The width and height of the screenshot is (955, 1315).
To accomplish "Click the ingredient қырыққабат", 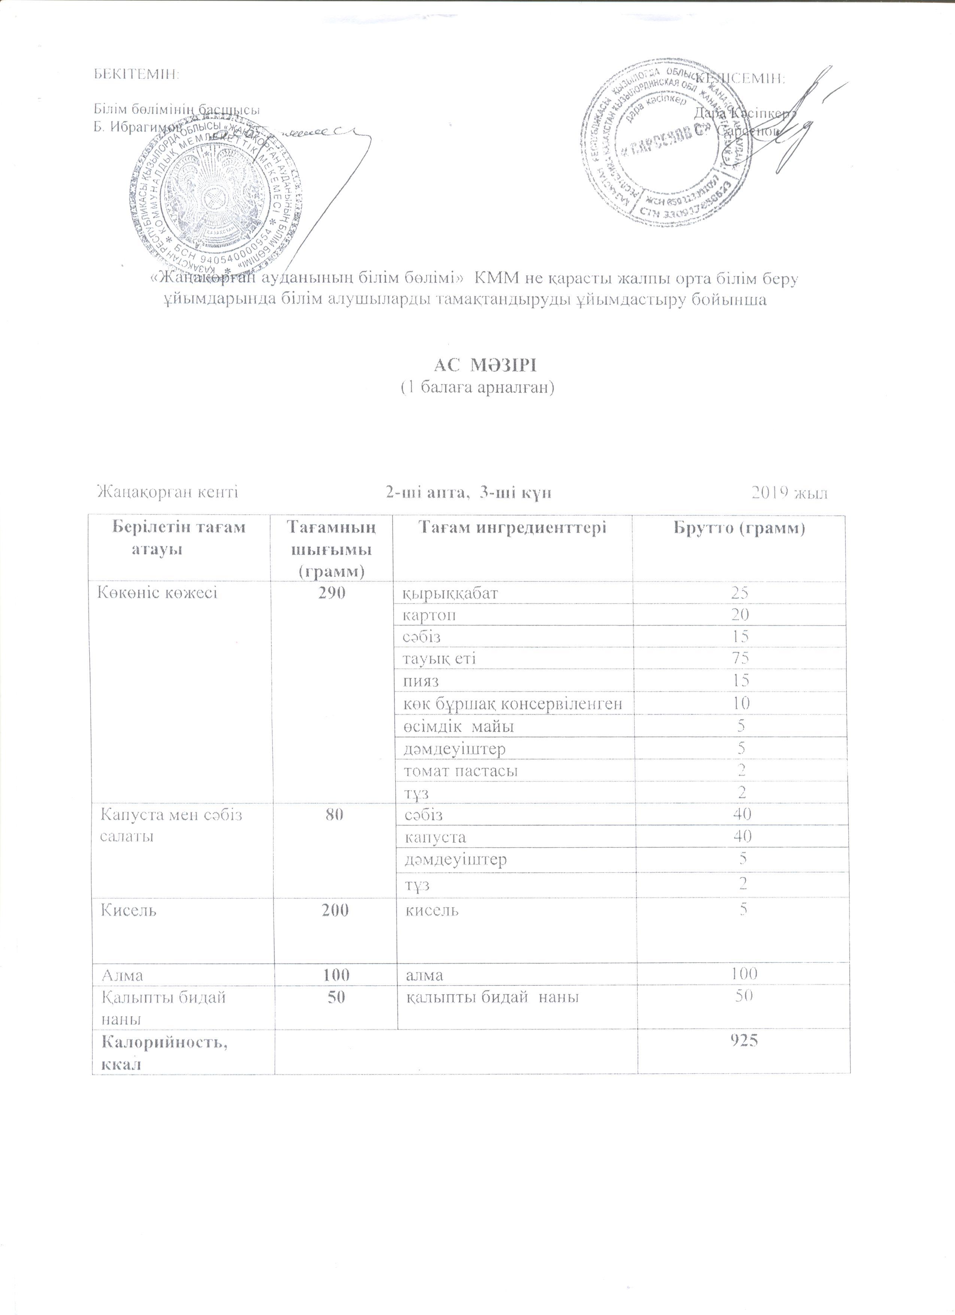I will coord(450,593).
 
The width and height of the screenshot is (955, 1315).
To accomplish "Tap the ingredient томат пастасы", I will coord(460,771).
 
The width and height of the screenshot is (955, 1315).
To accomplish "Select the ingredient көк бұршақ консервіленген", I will coord(513,703).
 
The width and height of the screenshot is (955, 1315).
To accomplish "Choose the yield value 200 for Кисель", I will coord(333,910).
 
